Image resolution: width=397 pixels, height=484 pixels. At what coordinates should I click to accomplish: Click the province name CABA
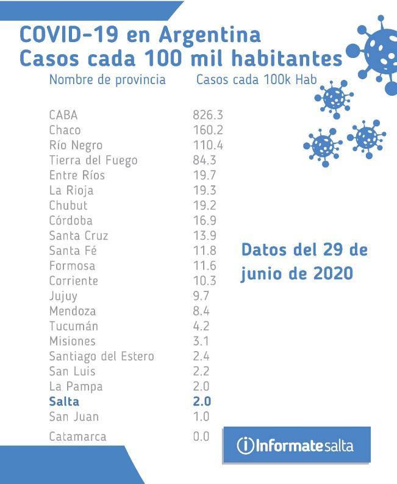[x=63, y=115]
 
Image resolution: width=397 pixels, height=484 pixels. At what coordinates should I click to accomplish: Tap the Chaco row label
[x=65, y=130]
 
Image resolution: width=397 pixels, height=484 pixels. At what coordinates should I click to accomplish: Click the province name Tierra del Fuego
[x=93, y=160]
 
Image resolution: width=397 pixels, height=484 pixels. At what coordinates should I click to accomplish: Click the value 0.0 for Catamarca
[x=201, y=436]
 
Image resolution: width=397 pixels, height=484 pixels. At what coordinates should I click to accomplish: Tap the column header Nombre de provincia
[x=107, y=80]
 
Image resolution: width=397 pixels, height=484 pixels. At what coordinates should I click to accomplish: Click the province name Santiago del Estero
[x=101, y=356]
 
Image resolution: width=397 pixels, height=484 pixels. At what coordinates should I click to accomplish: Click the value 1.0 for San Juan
[x=201, y=417]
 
